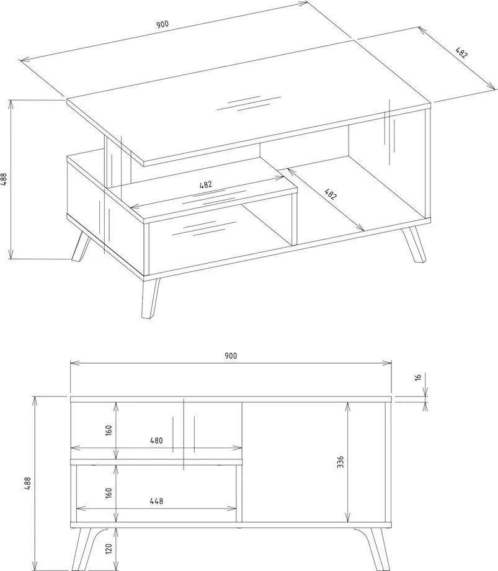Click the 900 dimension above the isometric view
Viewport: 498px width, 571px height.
162,24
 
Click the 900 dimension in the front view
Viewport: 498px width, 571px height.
231,356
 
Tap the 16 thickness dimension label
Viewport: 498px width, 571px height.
418,377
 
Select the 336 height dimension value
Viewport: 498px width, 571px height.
340,462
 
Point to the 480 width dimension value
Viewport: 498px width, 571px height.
156,441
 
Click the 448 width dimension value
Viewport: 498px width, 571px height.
156,501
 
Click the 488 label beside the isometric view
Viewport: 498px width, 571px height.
4,179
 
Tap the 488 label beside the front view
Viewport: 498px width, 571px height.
28,483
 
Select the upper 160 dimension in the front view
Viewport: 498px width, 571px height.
109,430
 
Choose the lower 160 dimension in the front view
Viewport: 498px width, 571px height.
109,493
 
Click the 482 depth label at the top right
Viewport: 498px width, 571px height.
461,53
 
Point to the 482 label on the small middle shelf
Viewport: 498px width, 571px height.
205,184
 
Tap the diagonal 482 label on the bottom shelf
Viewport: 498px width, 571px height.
331,194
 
